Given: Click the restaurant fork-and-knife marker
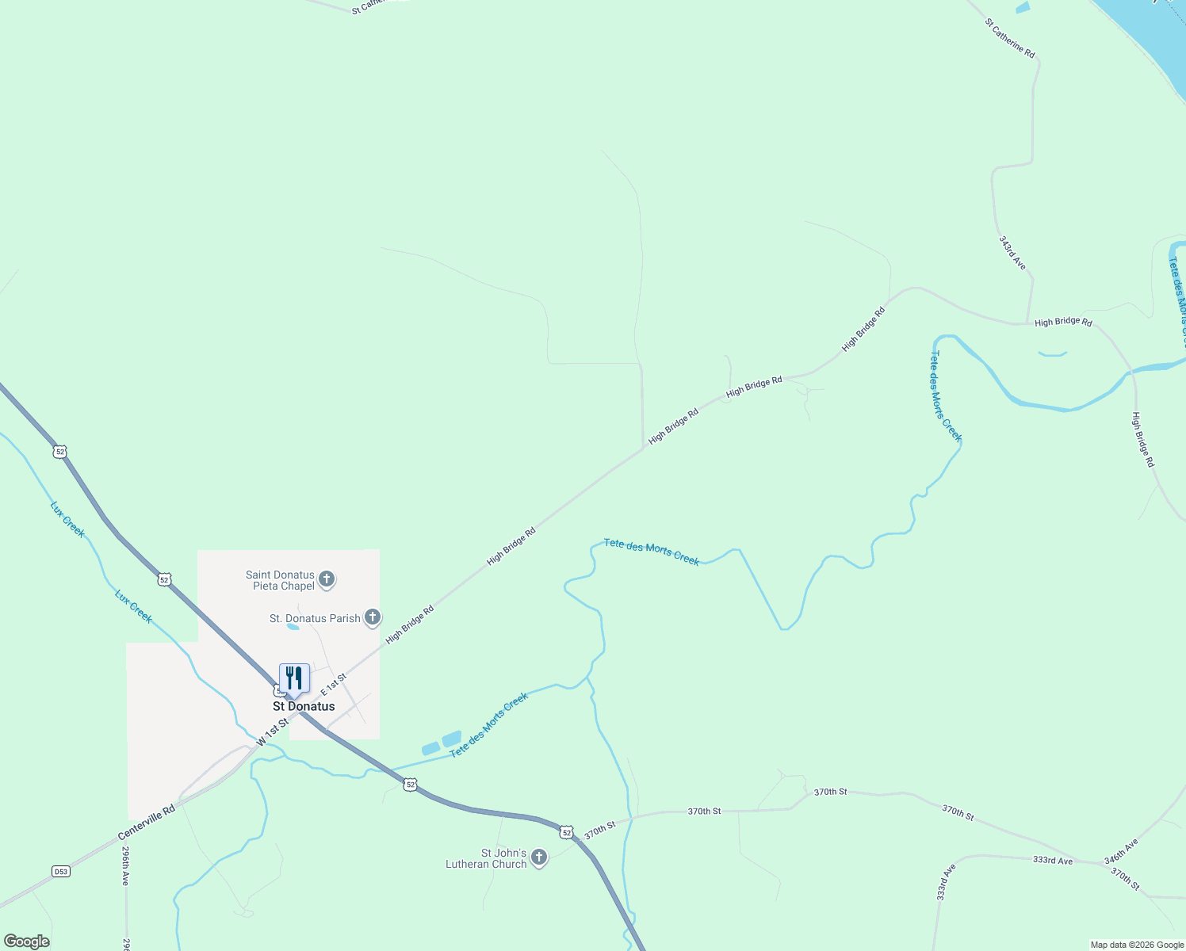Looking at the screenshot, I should (x=294, y=679).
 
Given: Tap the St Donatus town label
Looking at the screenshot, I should (x=304, y=706).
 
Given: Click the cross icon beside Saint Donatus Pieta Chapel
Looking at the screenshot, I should (x=326, y=579).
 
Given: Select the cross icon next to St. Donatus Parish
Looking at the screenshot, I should (x=372, y=617).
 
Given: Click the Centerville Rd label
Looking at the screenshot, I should (x=147, y=823).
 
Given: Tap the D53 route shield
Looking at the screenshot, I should (x=61, y=871).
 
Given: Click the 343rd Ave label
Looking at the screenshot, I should (x=1012, y=252).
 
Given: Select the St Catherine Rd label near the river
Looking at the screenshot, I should (x=1009, y=38).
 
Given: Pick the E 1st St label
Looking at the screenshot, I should (x=334, y=686).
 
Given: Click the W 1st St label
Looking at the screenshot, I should (x=272, y=734).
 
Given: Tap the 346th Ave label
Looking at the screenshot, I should (x=1121, y=851).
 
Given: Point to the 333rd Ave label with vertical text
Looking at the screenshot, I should (x=946, y=882).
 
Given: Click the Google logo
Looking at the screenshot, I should (x=26, y=941).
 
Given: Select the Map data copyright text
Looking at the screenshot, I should (x=1136, y=945).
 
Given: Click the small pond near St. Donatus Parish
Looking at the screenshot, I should (x=293, y=626).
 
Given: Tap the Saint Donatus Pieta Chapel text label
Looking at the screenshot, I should (x=280, y=580).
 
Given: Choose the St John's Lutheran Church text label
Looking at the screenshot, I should (x=486, y=858).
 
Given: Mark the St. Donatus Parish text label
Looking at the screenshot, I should (x=315, y=618).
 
